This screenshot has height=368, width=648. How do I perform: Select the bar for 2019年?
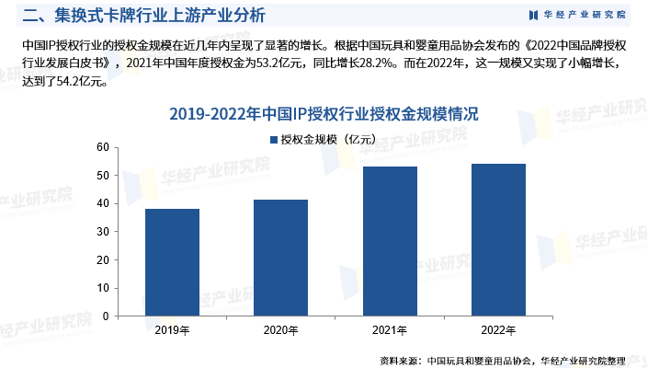[x=172, y=262]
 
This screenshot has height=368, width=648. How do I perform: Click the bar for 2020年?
[x=280, y=258]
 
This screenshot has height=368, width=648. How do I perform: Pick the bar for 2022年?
[x=498, y=239]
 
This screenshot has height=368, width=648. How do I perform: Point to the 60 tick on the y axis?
[x=102, y=147]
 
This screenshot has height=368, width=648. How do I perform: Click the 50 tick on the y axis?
[x=102, y=176]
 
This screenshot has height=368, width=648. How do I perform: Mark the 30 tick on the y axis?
[x=102, y=232]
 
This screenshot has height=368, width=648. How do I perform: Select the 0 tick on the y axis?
[x=105, y=316]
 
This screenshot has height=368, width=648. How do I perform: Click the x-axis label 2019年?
[x=172, y=329]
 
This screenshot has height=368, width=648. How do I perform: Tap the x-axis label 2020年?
[x=280, y=329]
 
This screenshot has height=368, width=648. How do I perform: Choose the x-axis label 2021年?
[x=390, y=329]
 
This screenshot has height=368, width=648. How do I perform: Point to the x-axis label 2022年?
[x=498, y=329]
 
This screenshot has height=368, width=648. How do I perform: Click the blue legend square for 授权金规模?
[x=273, y=140]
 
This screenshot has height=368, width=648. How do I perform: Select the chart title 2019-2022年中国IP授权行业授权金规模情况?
[x=324, y=115]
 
